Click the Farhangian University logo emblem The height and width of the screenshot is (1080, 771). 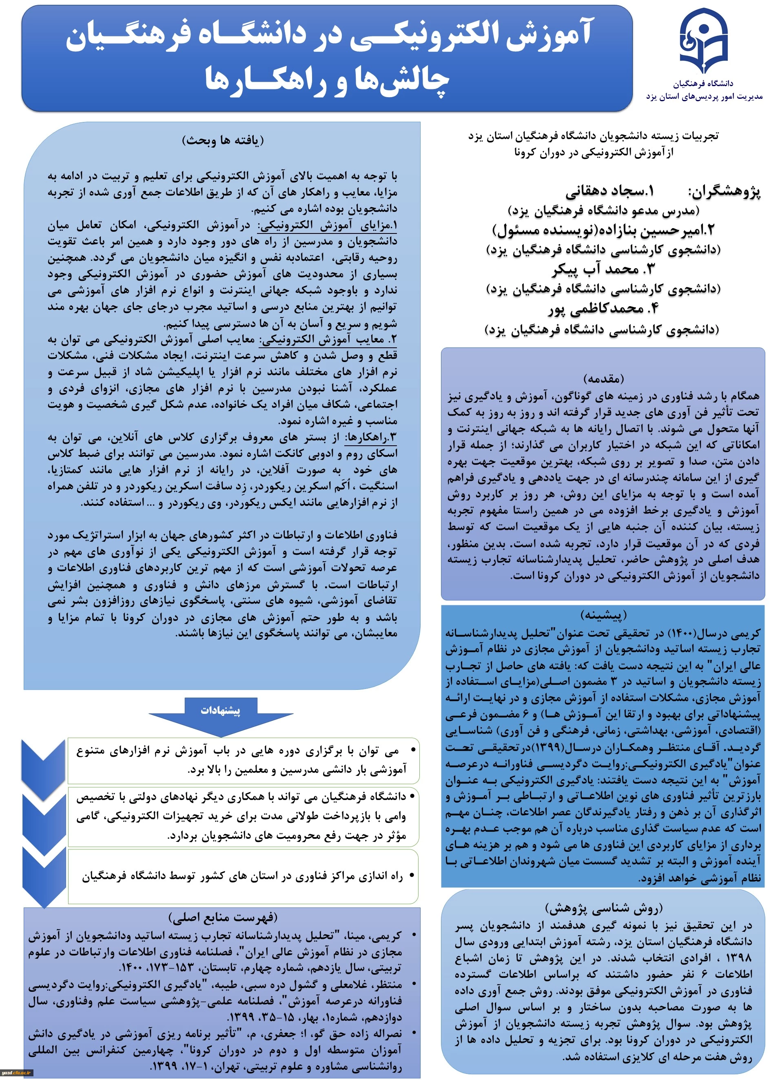click(x=704, y=41)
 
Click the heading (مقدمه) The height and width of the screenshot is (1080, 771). click(x=603, y=378)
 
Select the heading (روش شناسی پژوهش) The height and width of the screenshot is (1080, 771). click(x=603, y=909)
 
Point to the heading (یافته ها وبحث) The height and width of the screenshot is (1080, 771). click(x=223, y=140)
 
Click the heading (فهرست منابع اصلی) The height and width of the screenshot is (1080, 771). click(x=223, y=917)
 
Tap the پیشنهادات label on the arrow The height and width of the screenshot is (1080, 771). click(x=220, y=710)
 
